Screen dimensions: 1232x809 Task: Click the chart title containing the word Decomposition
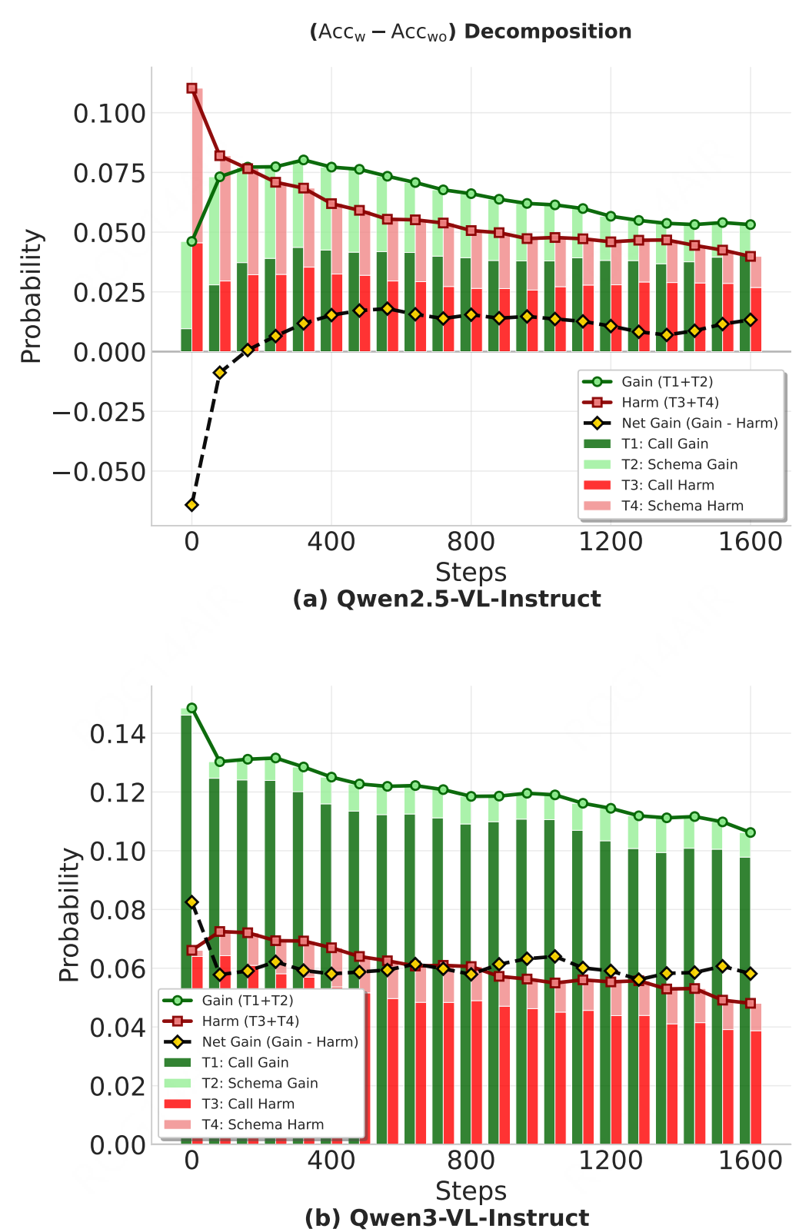(x=471, y=32)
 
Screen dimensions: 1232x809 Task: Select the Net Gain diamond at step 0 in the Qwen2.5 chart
(x=191, y=504)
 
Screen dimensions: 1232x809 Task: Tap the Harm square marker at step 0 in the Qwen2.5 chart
(x=191, y=88)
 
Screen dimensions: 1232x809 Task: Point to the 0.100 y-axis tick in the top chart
(x=109, y=114)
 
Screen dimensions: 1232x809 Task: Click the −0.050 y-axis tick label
(x=98, y=472)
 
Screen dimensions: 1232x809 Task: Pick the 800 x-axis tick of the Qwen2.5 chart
(x=471, y=542)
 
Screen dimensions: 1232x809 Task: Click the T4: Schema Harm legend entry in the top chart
(x=682, y=506)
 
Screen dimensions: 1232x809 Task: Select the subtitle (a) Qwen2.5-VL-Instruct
(x=447, y=599)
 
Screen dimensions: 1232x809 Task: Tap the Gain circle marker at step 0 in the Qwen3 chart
(x=191, y=708)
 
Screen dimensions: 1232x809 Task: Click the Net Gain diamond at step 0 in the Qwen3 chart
(x=191, y=902)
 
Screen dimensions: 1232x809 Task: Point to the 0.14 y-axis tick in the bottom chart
(x=118, y=734)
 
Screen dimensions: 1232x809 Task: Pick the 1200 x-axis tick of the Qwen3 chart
(x=611, y=1160)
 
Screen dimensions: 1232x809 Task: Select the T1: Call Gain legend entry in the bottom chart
(x=245, y=1062)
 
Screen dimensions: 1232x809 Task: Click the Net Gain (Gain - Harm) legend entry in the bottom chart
(x=280, y=1041)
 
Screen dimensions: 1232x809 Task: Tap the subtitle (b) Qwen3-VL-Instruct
(x=447, y=1218)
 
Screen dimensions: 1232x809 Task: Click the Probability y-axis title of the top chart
(x=32, y=296)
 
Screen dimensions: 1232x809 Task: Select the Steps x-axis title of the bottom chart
(x=471, y=1190)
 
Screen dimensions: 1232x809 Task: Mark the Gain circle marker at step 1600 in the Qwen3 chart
(x=750, y=832)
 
